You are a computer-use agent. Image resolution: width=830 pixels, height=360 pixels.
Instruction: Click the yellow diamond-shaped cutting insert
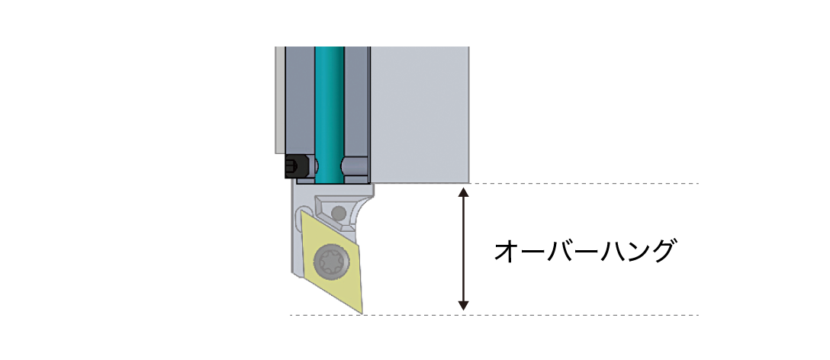pos(331,261)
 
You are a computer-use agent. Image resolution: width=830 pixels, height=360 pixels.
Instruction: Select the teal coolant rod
pos(330,115)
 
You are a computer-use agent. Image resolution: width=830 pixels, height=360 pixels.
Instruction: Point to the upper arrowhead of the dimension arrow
pos(463,192)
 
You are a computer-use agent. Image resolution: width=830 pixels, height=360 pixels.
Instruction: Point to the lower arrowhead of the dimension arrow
pos(463,306)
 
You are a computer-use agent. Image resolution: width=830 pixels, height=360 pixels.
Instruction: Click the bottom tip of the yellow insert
pos(362,313)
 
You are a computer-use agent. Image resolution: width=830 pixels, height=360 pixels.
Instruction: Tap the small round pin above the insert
pos(338,214)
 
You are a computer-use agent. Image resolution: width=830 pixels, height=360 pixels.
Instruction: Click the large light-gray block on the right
pos(420,114)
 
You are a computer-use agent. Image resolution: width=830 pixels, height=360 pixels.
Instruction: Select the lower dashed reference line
pos(494,316)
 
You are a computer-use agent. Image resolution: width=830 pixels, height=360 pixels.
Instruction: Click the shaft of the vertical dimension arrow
pos(463,249)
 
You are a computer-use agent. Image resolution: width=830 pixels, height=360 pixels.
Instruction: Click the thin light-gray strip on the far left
pos(280,100)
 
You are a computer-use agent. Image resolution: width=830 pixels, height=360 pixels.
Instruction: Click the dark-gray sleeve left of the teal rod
pos(300,101)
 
